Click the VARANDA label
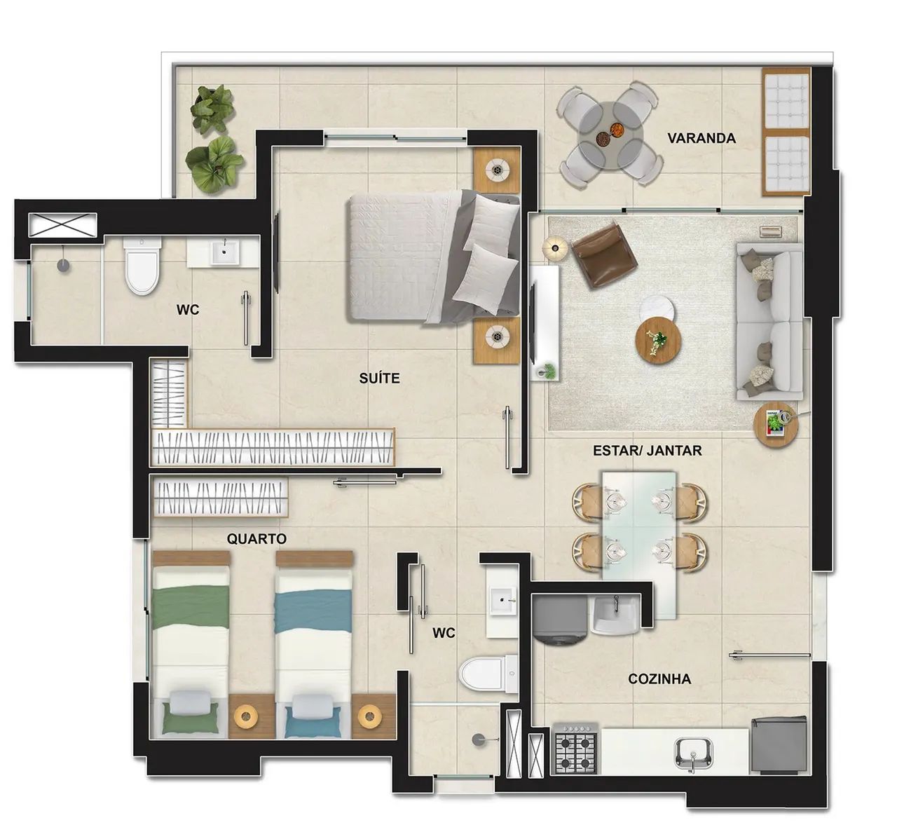point(701,138)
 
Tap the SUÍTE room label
point(379,379)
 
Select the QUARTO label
point(256,539)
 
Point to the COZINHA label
point(659,679)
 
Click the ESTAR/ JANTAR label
point(647,451)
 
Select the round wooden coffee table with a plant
point(658,339)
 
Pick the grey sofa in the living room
point(768,322)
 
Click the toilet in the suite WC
point(143,266)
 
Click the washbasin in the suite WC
point(224,252)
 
